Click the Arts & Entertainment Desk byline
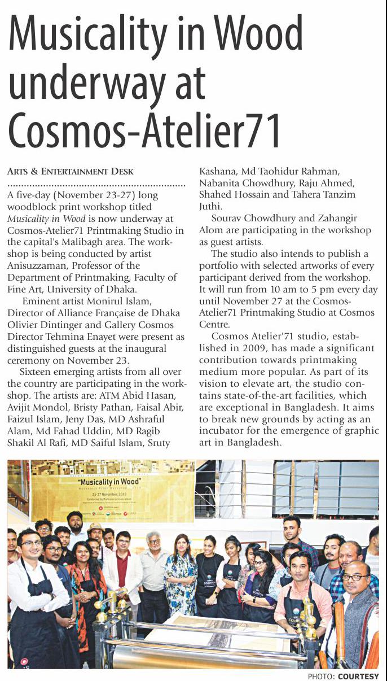click(x=71, y=171)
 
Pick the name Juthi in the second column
click(x=211, y=206)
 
